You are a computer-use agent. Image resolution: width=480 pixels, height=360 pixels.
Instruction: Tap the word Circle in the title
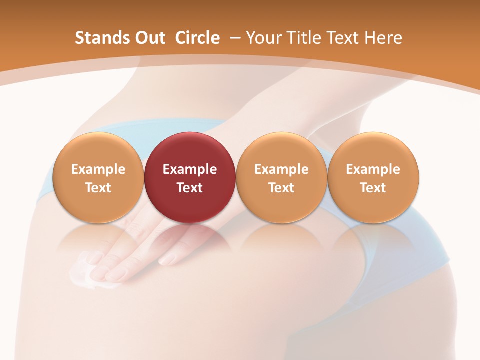coord(197,38)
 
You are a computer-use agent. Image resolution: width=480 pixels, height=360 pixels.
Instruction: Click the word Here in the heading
coord(383,38)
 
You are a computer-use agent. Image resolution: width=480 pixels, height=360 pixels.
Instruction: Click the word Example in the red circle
coord(190,169)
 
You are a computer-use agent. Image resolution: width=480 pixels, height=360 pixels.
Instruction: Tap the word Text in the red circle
coord(190,188)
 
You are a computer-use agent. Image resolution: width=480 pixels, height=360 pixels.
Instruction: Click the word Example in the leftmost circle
coord(98,169)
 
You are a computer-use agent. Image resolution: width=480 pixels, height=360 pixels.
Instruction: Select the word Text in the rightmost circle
coord(373,188)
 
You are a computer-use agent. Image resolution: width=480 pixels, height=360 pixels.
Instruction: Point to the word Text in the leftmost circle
coord(98,188)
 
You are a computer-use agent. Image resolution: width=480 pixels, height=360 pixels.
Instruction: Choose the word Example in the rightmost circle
coord(373,169)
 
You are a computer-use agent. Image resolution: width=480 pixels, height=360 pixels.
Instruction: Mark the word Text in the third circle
coord(281,188)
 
